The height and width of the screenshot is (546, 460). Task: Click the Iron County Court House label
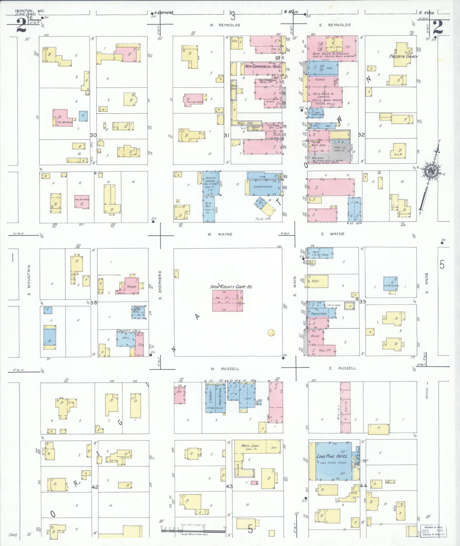231,286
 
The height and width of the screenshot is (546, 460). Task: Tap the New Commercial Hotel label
263,66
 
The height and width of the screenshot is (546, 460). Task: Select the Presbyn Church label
403,56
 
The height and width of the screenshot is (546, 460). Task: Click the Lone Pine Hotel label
332,456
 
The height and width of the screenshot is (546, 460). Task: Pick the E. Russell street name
343,368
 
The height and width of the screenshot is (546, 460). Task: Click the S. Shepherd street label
160,285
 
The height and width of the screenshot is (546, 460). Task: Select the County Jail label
128,331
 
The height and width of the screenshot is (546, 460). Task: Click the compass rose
431,172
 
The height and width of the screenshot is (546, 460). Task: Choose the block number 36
94,302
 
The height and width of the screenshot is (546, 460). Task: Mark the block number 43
229,486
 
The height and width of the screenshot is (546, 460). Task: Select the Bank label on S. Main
315,336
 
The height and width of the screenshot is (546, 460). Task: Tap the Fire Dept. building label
137,309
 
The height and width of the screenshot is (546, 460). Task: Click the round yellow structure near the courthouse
271,333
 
